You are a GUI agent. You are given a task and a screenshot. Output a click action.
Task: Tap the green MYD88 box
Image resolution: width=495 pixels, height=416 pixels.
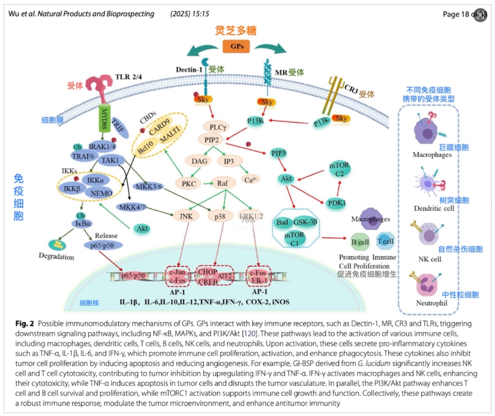pos(105,117)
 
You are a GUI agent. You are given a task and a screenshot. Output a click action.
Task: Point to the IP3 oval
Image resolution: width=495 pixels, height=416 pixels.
pos(228,161)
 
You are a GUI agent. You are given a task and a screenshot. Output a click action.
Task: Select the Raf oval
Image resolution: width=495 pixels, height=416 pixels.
pos(223,183)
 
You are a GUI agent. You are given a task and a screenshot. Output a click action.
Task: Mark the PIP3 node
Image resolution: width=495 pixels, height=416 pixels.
pos(280,153)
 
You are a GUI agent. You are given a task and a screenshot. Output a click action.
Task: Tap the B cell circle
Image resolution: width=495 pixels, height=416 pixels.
pos(360,242)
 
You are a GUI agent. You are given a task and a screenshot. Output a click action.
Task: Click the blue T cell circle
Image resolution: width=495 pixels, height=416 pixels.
pos(386,241)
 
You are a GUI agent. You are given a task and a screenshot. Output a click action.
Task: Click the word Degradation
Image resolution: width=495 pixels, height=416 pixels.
pos(57,256)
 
